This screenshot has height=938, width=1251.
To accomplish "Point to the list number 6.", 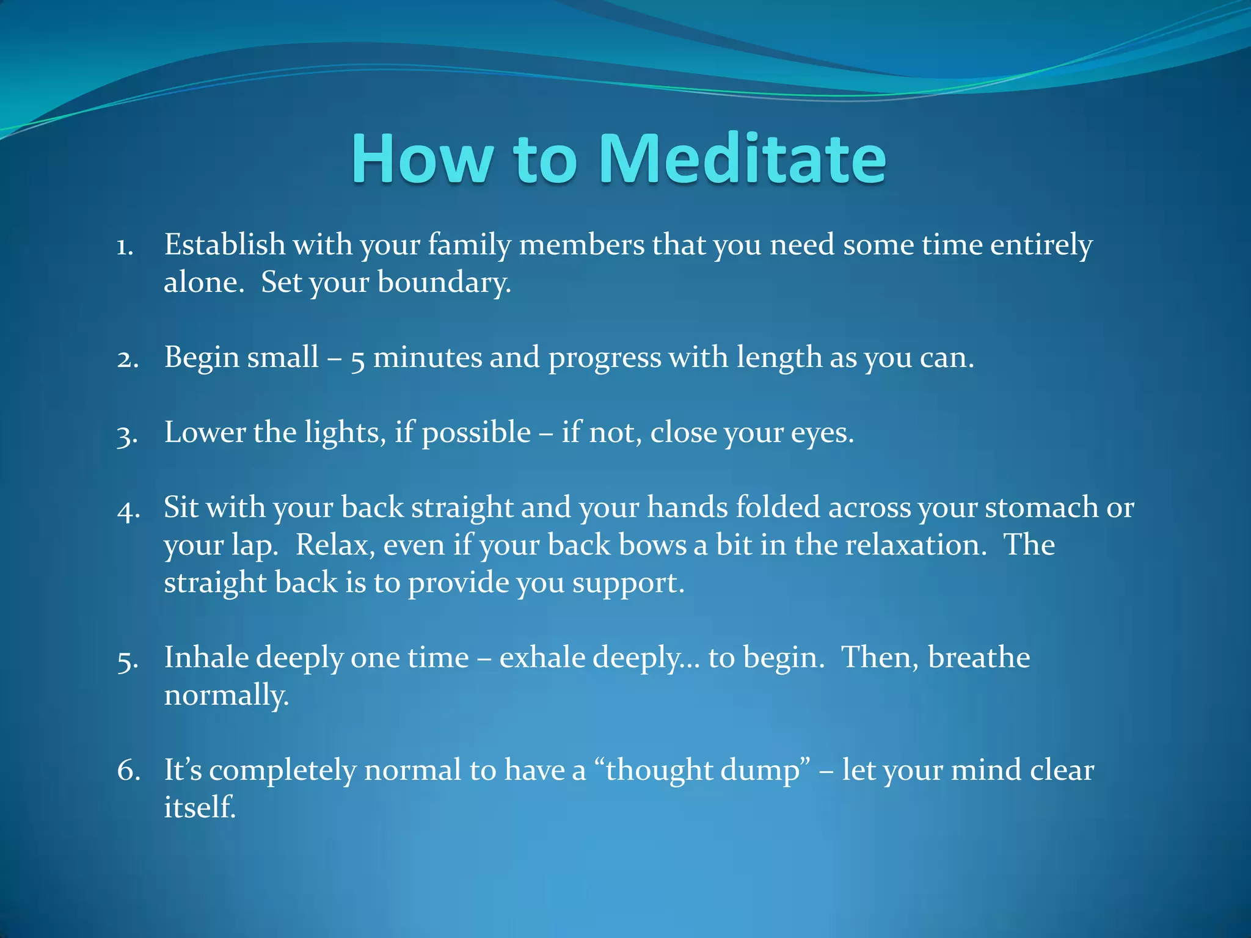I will (x=128, y=771).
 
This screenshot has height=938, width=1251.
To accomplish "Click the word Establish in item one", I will (x=224, y=244).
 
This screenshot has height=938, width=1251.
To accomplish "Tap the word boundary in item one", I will (x=443, y=283).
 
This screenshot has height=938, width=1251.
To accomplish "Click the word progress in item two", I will (x=605, y=359).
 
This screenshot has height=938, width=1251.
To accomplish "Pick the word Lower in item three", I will (x=204, y=432).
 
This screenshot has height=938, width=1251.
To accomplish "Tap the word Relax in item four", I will (x=335, y=545).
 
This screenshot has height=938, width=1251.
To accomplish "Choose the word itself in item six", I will (x=199, y=807).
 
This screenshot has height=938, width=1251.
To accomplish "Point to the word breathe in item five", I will (x=979, y=658).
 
